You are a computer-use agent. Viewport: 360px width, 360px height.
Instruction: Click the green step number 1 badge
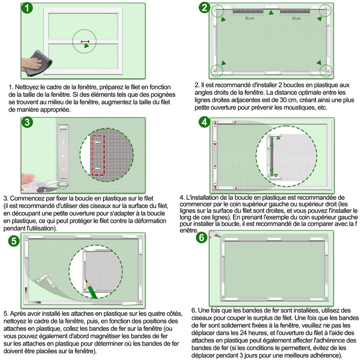(x=28, y=9)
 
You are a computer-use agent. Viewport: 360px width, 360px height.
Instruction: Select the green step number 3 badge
(x=27, y=122)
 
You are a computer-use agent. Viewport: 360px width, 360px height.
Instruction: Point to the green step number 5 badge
(x=15, y=241)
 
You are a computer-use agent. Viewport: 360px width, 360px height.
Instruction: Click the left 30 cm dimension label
(x=249, y=19)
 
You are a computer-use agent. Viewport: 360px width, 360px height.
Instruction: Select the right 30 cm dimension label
(x=296, y=19)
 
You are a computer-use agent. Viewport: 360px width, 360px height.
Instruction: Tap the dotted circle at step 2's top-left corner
(x=218, y=10)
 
